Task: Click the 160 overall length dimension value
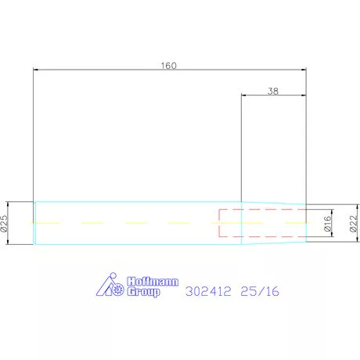(168, 65)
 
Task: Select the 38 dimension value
(273, 91)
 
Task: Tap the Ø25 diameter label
(5, 223)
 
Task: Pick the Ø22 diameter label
(352, 224)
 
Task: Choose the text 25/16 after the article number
(260, 292)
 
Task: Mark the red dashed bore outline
(262, 210)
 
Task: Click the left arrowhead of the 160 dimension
(36, 70)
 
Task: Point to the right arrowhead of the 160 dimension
(304, 70)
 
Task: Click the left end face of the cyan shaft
(34, 223)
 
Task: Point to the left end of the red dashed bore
(219, 223)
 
